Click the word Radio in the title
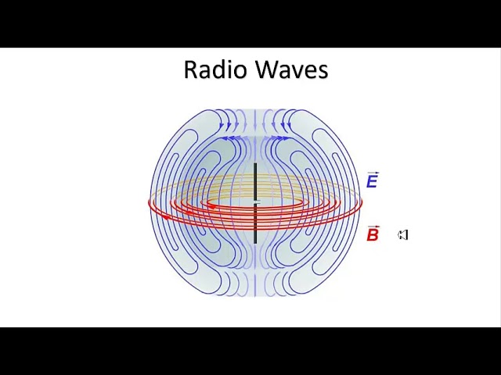point(215,70)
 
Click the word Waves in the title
point(292,70)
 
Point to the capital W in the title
point(267,70)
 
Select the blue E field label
point(373,181)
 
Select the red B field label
point(373,234)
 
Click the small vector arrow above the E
point(373,173)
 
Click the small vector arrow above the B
point(373,227)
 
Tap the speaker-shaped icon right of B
point(403,235)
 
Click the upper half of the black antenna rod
point(255,182)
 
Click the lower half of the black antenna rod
point(255,224)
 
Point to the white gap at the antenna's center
point(256,203)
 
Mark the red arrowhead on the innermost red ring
point(213,207)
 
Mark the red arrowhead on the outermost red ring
point(166,217)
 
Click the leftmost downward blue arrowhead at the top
point(221,127)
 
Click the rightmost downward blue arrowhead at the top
point(290,127)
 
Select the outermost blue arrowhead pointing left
point(225,138)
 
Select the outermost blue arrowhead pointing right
point(286,138)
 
